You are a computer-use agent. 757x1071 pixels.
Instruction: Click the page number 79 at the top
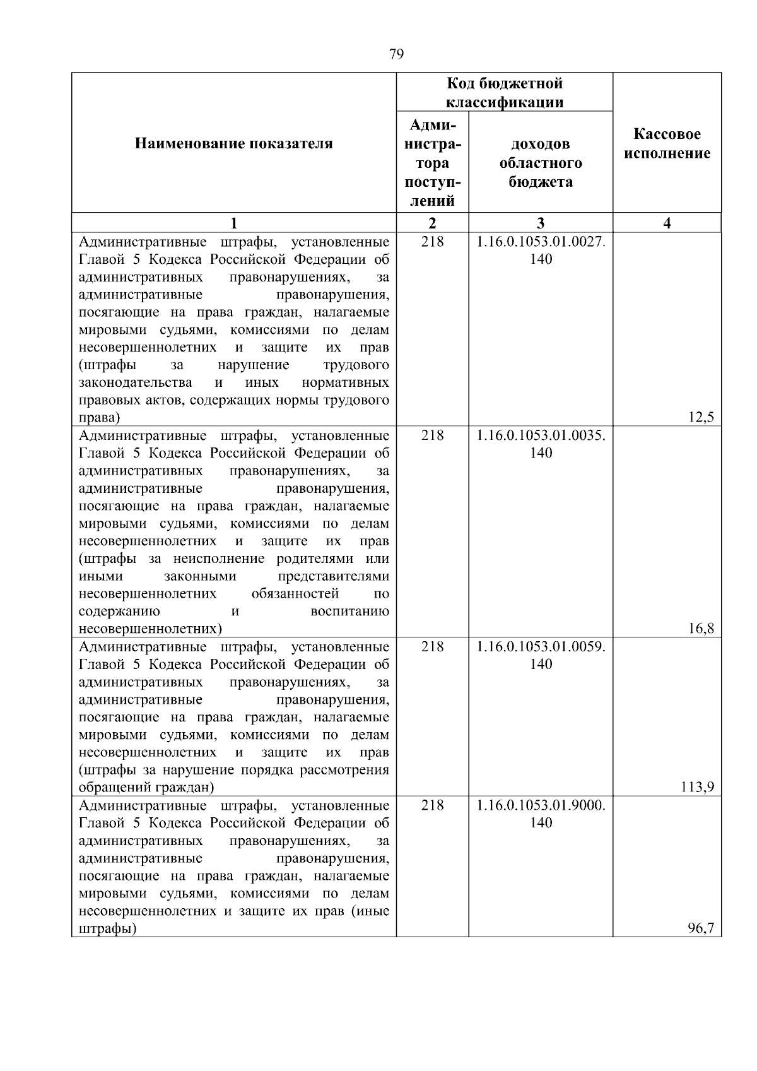point(396,54)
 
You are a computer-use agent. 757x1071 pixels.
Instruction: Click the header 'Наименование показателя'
point(233,144)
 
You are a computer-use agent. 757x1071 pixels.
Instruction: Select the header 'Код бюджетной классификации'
point(505,93)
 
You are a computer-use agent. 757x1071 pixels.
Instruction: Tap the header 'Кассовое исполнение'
point(667,144)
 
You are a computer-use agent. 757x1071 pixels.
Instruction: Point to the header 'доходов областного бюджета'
point(541,163)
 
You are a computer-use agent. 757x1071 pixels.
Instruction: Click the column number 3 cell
point(541,223)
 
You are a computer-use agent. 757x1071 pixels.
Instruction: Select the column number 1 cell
point(233,223)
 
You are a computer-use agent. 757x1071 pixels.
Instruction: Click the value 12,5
point(701,417)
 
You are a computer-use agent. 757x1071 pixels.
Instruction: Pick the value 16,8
point(701,629)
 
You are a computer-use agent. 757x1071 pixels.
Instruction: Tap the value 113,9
point(699,787)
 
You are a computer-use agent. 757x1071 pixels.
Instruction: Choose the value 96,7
point(701,928)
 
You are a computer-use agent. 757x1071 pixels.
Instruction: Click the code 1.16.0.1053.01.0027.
point(541,242)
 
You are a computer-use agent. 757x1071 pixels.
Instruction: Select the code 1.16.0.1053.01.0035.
point(541,435)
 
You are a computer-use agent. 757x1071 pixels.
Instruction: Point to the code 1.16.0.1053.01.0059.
point(541,647)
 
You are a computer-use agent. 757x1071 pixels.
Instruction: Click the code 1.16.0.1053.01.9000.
point(541,805)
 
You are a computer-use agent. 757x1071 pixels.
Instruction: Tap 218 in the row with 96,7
point(432,805)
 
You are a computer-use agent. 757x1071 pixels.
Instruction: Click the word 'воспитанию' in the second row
point(350,612)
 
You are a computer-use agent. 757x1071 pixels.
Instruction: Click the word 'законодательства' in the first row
point(136,383)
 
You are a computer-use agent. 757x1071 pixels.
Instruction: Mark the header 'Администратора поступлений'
point(432,163)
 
